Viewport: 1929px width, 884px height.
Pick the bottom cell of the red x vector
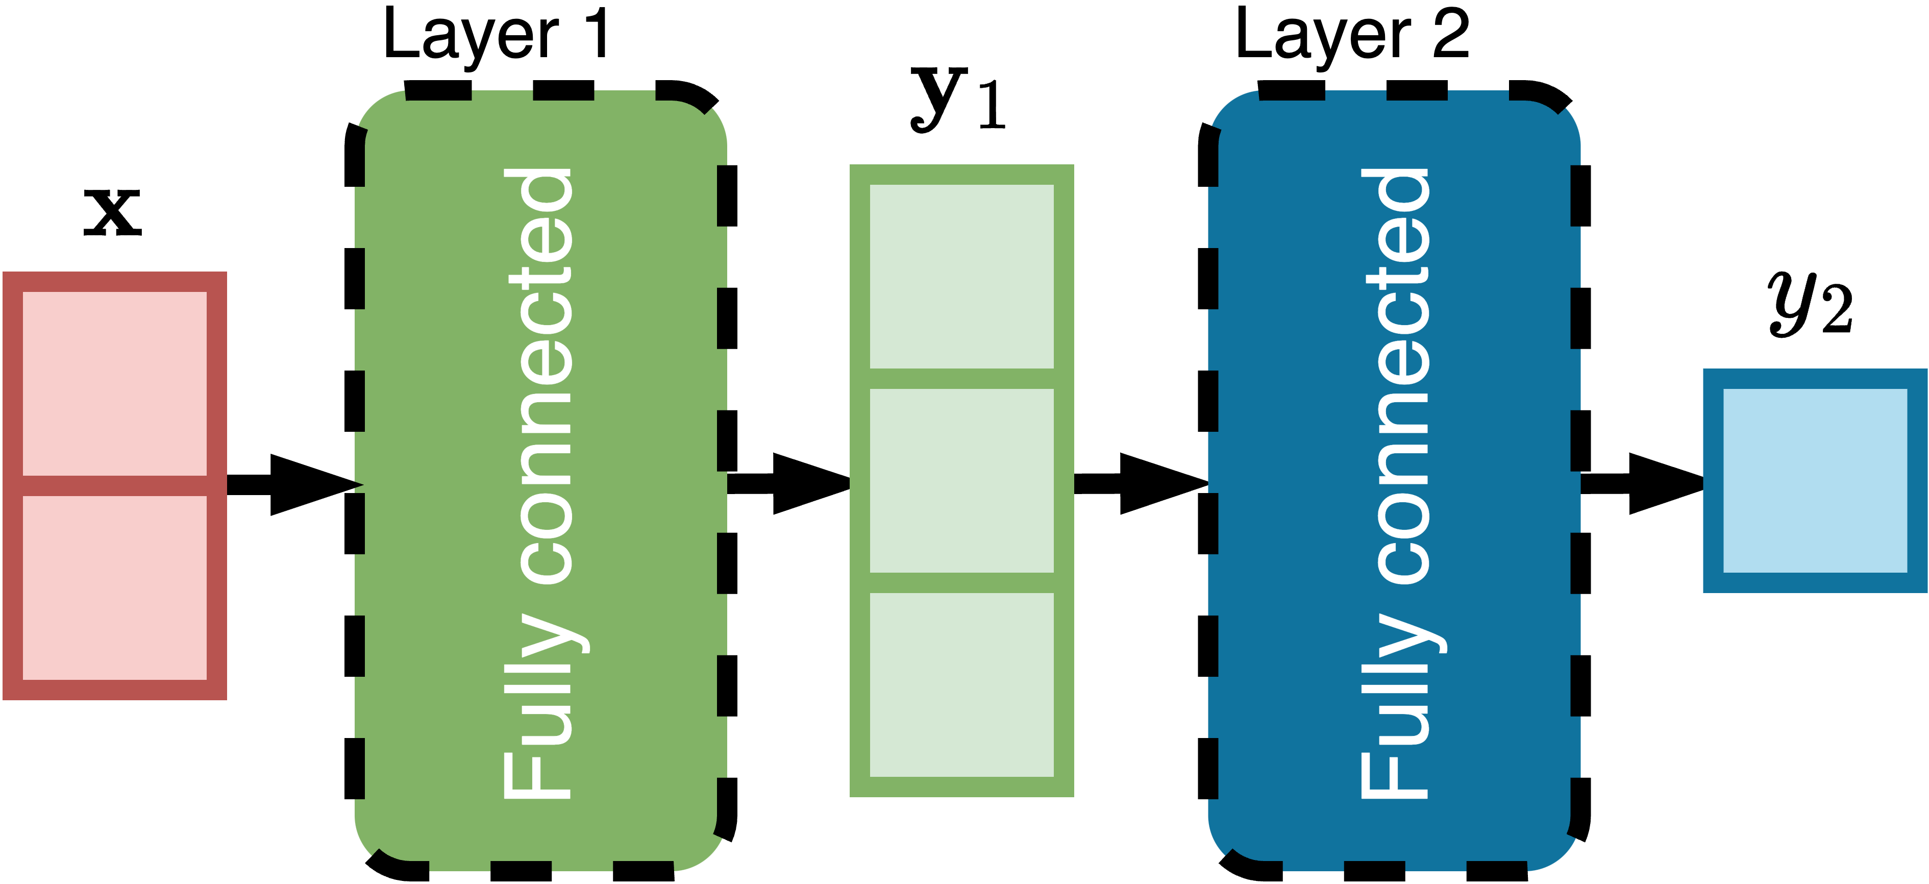point(115,587)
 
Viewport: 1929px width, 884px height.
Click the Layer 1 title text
point(496,36)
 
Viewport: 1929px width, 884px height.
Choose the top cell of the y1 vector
point(961,277)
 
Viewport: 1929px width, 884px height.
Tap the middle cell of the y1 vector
point(961,480)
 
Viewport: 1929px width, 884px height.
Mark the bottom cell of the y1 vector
point(961,685)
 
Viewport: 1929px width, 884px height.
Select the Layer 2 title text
point(1352,36)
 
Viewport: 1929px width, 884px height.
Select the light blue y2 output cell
point(1815,480)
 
